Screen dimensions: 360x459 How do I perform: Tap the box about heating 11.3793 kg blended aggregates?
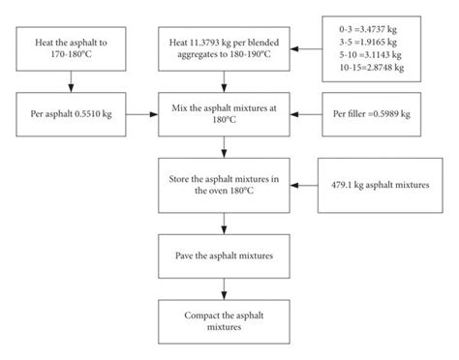(225, 45)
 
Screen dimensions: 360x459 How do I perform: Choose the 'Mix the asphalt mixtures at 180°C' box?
(225, 113)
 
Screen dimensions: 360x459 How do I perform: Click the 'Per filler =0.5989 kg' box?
(373, 113)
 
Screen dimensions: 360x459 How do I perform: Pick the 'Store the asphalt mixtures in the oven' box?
(225, 183)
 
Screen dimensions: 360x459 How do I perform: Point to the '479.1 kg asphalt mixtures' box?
(373, 183)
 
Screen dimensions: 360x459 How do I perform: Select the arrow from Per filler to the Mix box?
(306, 113)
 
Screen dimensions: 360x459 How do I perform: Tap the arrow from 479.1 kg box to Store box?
(306, 183)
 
